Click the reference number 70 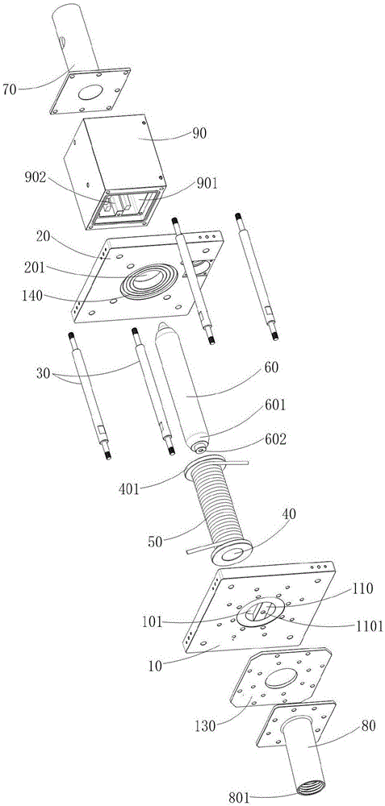[10, 89]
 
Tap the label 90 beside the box [199, 134]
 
